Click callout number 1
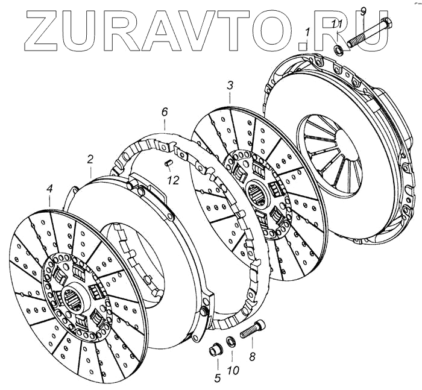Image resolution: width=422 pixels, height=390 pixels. (x=307, y=31)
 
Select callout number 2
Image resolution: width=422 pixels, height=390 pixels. (x=90, y=160)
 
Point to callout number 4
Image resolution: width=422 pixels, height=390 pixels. (x=49, y=190)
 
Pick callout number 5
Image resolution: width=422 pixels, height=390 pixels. (x=216, y=378)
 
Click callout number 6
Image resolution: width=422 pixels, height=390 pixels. (x=164, y=112)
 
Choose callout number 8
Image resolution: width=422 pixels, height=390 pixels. (x=252, y=357)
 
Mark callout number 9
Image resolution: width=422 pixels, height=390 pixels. (x=362, y=10)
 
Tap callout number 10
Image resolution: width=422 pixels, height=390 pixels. (x=233, y=370)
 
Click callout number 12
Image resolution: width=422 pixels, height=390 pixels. (x=174, y=180)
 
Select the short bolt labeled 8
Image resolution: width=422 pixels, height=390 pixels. (x=253, y=330)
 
